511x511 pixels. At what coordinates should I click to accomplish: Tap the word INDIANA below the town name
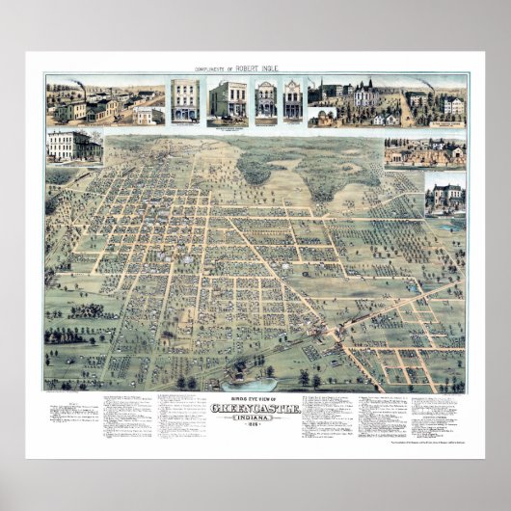pyautogui.click(x=255, y=417)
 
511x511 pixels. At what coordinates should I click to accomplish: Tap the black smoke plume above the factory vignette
pyautogui.click(x=77, y=86)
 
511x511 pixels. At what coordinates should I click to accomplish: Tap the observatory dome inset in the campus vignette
pyautogui.click(x=323, y=115)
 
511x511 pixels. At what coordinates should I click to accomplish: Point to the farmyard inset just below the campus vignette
pyautogui.click(x=424, y=152)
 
